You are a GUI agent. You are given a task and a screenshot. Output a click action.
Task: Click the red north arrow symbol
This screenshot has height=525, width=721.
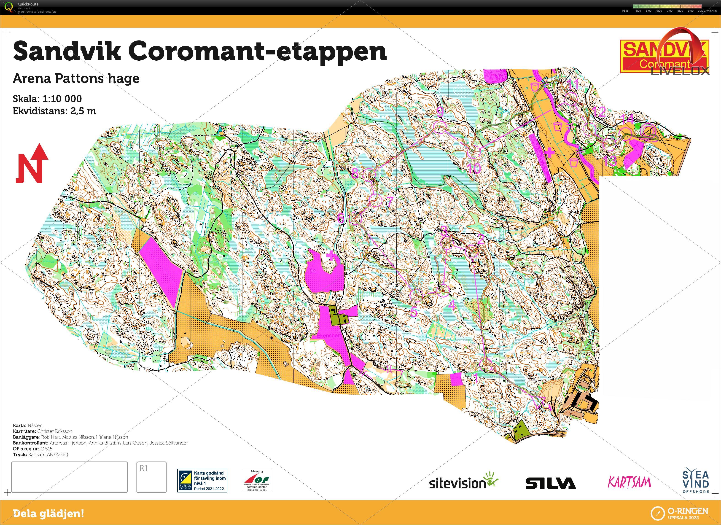tap(32, 164)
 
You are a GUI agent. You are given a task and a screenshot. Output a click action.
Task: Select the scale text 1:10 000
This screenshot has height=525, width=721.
tap(62, 99)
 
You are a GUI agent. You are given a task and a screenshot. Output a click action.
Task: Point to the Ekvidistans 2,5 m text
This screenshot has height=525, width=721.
tap(54, 111)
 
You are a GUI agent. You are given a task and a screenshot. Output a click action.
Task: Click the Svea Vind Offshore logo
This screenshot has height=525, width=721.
tap(696, 480)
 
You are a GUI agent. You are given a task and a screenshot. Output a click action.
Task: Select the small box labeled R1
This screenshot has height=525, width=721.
tap(151, 477)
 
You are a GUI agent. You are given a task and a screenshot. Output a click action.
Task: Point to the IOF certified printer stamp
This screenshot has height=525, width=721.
tap(257, 480)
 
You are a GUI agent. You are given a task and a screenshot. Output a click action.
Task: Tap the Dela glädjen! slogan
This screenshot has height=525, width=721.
tap(48, 513)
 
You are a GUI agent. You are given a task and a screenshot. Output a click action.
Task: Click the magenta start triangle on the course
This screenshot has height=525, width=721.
tap(542, 402)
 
